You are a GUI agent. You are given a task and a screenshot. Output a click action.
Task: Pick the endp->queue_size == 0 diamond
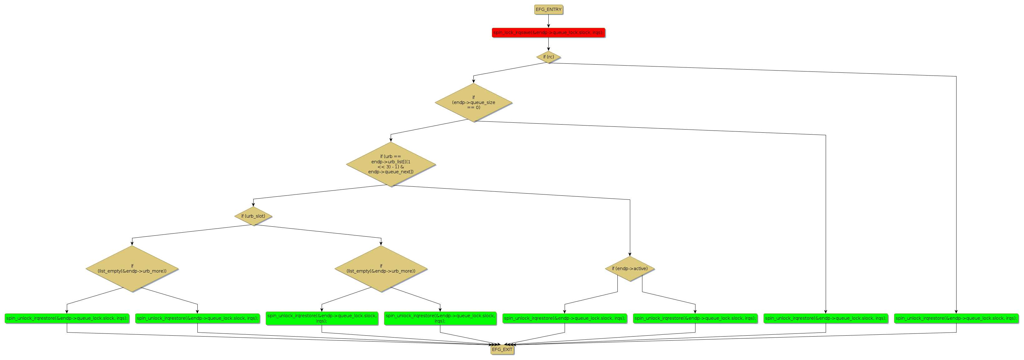click(x=473, y=102)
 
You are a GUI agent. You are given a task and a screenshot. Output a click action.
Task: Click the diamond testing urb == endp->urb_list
click(x=391, y=164)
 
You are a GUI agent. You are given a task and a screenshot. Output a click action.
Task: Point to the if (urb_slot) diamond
click(x=253, y=216)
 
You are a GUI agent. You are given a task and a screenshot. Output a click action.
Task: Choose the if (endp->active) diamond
click(x=630, y=269)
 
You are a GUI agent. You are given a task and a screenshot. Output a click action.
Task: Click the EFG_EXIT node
click(x=502, y=350)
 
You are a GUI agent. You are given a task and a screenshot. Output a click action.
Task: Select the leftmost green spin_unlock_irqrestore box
click(x=67, y=318)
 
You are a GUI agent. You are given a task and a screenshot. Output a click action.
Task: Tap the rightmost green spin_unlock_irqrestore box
click(x=956, y=318)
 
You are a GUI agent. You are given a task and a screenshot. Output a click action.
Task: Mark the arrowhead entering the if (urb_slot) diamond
click(x=253, y=204)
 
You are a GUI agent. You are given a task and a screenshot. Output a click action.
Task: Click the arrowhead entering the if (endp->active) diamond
click(x=630, y=254)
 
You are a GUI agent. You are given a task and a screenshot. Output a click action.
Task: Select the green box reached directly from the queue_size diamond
click(x=826, y=318)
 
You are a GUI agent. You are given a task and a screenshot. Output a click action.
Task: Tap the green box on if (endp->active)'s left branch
click(x=565, y=318)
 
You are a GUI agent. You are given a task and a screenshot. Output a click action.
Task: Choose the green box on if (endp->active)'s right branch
click(x=695, y=318)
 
